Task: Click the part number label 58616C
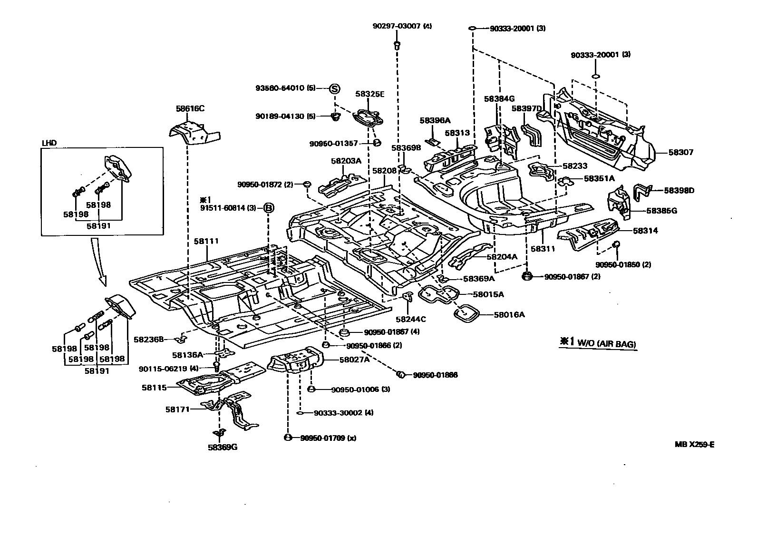(x=190, y=108)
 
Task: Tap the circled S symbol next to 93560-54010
(x=334, y=88)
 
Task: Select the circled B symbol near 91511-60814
(x=269, y=207)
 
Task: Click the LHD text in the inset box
(x=49, y=143)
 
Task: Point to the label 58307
(x=680, y=153)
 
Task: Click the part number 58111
(x=206, y=241)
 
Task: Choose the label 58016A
(x=509, y=314)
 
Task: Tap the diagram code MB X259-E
(x=694, y=445)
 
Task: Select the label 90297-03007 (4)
(x=402, y=27)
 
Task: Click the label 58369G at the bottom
(x=222, y=447)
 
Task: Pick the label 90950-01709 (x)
(x=328, y=438)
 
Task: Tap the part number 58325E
(x=369, y=94)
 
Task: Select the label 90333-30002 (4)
(x=343, y=413)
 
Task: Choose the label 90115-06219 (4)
(x=168, y=368)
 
